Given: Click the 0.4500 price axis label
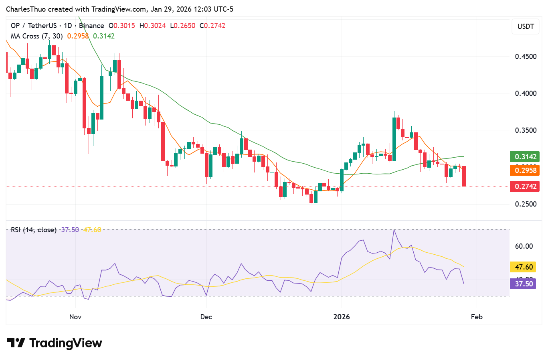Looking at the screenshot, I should tap(526, 57).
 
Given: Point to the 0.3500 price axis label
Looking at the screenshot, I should tap(526, 130).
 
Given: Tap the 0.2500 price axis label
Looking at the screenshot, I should tap(526, 204).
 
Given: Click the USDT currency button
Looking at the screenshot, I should tap(526, 26).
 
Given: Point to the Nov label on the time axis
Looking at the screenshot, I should tap(75, 317).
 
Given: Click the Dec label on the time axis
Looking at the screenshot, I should tap(206, 317).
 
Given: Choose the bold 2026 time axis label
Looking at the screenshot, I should tap(342, 317).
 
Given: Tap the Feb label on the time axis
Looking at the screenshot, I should tap(477, 317).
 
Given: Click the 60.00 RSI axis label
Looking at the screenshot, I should tap(524, 246).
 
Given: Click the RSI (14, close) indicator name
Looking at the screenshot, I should tap(34, 230).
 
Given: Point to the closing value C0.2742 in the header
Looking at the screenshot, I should tap(212, 26).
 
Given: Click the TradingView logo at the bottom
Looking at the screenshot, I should tap(55, 343).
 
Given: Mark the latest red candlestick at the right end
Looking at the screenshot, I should tap(464, 176).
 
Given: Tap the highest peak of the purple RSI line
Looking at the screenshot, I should tap(394, 230).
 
